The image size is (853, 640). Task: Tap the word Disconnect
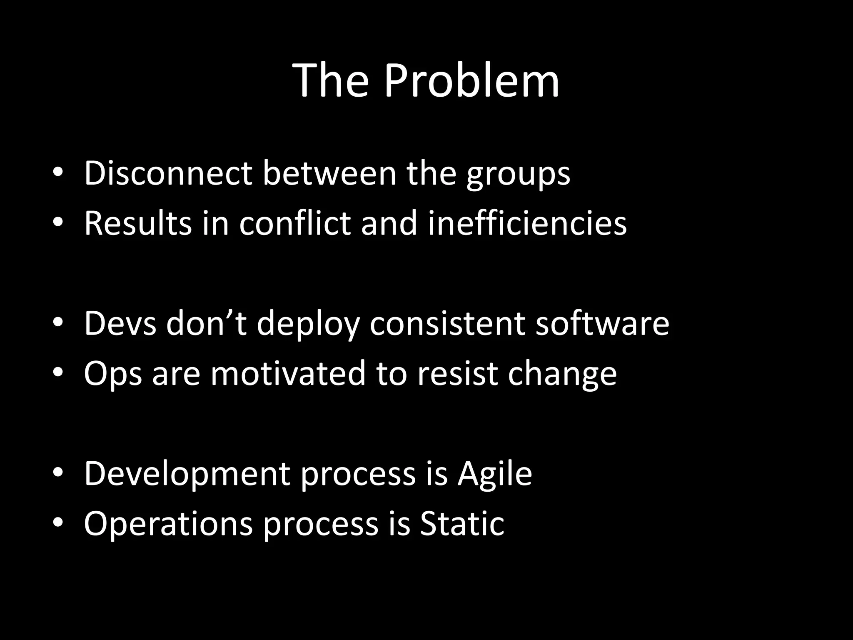[168, 173]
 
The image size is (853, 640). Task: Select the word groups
[518, 175]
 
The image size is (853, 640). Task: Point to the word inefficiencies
[527, 223]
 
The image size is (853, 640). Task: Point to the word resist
[457, 374]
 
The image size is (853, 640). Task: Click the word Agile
[494, 474]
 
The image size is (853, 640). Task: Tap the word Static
[462, 524]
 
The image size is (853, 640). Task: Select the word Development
[187, 475]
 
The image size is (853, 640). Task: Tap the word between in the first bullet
[329, 173]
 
